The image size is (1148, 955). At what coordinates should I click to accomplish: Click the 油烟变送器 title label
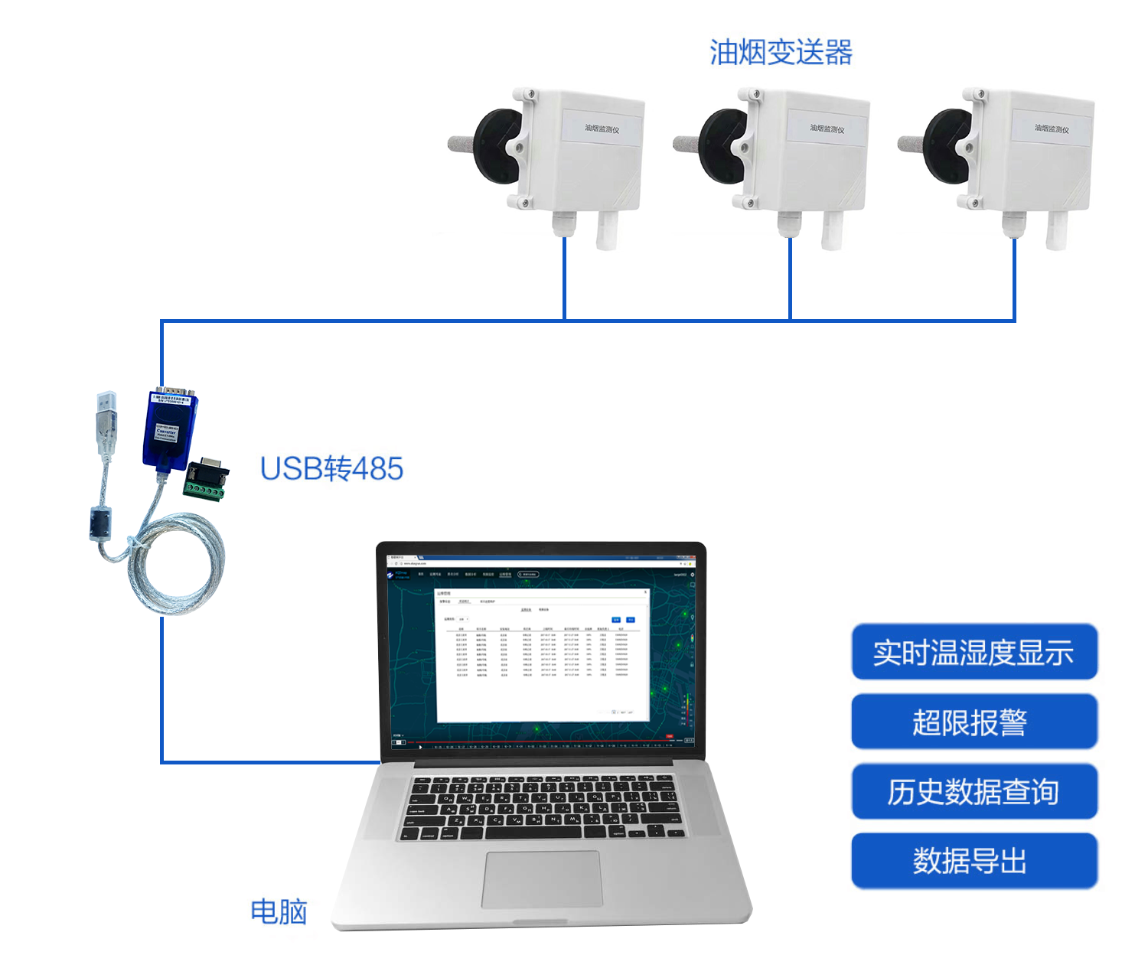(781, 53)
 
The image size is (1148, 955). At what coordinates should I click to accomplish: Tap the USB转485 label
(331, 468)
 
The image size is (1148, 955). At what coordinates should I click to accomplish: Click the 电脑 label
(279, 911)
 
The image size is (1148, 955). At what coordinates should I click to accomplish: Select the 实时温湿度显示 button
(974, 652)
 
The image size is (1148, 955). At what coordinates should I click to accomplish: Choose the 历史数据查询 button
(974, 791)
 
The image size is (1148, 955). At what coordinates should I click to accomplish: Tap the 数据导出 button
(974, 861)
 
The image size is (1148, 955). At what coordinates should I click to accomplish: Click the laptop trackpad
(542, 879)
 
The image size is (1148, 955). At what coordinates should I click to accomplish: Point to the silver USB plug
(106, 417)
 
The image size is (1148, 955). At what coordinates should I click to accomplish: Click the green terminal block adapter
(205, 481)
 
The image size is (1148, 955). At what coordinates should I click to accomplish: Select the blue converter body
(169, 430)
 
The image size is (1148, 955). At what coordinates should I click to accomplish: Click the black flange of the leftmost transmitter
(495, 145)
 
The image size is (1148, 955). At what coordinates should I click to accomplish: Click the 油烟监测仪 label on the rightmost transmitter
(1052, 129)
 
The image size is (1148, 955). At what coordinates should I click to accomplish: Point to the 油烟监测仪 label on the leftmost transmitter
(602, 129)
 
